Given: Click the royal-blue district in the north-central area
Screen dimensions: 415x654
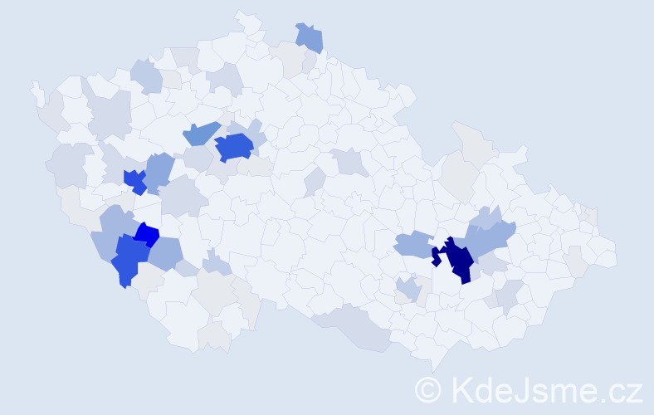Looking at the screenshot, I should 233,147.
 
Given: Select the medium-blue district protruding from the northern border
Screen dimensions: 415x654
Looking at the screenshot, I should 310,37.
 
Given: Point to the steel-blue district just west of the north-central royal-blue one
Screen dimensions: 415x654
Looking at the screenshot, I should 199,132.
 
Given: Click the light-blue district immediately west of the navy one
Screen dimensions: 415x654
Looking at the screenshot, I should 412,245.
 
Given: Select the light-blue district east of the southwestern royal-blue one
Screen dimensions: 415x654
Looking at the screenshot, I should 167,253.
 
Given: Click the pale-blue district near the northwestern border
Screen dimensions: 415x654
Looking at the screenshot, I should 146,76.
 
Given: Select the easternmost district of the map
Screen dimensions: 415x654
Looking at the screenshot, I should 606,253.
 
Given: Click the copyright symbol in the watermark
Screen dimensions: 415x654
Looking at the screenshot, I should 427,389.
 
